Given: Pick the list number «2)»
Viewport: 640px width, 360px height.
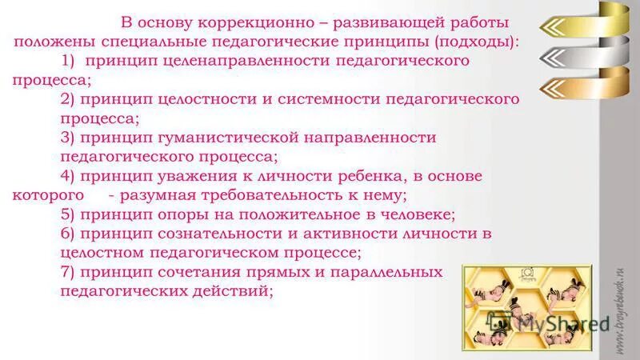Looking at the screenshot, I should (x=70, y=99).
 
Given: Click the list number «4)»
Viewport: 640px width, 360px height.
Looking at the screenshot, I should (x=70, y=176).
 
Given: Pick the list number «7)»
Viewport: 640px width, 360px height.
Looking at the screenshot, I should (x=70, y=273).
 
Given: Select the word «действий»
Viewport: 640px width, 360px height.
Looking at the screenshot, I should (x=234, y=292).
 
